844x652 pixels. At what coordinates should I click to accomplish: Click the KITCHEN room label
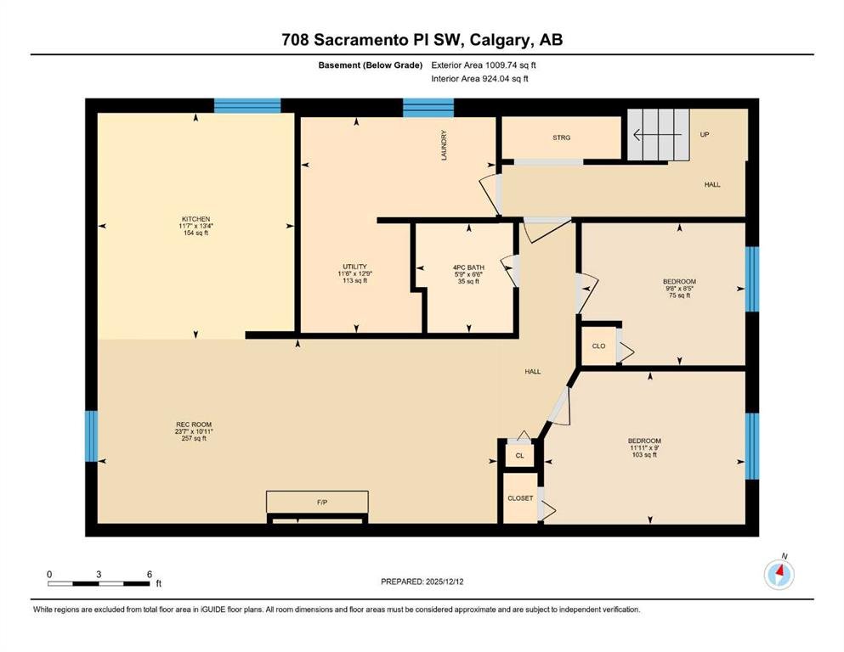[195, 219]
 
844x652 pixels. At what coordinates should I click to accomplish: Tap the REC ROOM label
[194, 424]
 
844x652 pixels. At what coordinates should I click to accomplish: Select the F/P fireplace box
[318, 502]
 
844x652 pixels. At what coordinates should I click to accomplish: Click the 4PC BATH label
[468, 267]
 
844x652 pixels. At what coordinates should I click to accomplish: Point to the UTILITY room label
[354, 267]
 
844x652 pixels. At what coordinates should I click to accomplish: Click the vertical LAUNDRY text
[444, 145]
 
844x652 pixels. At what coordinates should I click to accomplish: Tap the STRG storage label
[562, 138]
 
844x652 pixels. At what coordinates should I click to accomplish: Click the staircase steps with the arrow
[659, 134]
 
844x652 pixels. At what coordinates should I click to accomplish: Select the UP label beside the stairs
[704, 134]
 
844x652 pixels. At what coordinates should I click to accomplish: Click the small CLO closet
[598, 346]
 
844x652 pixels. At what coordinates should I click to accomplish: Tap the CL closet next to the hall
[519, 456]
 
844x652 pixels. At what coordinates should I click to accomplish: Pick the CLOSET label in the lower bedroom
[520, 498]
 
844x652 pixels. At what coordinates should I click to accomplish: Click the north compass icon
[779, 575]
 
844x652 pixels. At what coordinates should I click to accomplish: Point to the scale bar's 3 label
[99, 574]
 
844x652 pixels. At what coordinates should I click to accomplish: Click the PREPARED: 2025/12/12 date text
[422, 582]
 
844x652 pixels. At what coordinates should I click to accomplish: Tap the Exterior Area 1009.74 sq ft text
[484, 65]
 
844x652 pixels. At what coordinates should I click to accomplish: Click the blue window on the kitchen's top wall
[247, 105]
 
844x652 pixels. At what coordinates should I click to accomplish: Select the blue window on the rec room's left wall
[92, 436]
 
